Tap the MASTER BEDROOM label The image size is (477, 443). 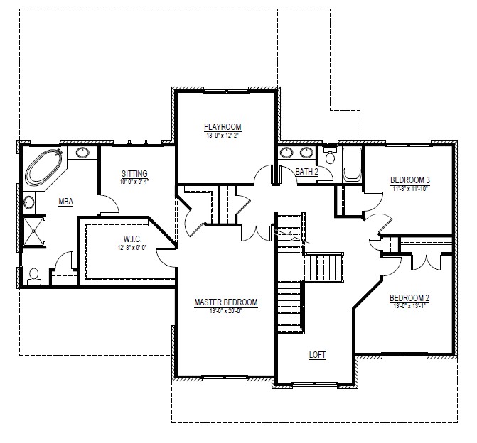pos(226,302)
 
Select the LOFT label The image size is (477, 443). pos(317,354)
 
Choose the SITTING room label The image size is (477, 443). pos(134,173)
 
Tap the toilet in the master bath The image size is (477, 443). pos(34,276)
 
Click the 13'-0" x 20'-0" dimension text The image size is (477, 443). pos(226,311)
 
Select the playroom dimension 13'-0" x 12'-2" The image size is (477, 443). pos(223,135)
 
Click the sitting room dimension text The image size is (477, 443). pos(134,181)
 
